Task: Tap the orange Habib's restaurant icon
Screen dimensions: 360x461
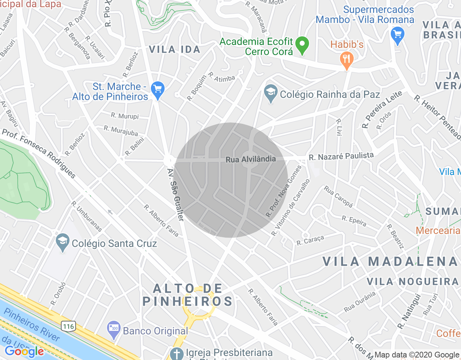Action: (x=346, y=60)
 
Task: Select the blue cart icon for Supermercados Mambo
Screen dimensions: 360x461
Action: (x=398, y=35)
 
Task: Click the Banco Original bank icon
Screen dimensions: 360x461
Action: (x=114, y=329)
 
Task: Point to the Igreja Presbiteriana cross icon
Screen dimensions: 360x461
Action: (x=176, y=354)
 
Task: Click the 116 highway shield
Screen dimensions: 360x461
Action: (x=68, y=327)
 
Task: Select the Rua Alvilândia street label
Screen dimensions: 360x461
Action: (x=251, y=159)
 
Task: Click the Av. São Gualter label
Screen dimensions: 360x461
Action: (x=176, y=195)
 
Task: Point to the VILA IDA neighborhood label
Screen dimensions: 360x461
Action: (x=175, y=49)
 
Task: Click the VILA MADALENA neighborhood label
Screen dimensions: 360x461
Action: (x=390, y=262)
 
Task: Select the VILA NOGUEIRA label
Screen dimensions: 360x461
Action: (x=413, y=282)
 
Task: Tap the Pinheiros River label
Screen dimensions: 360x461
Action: (x=32, y=324)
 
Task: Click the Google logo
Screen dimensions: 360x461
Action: (x=24, y=351)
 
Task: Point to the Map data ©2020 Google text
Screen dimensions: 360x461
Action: (x=417, y=355)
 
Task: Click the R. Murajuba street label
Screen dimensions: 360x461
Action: (x=121, y=130)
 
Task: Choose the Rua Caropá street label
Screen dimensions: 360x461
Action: (x=338, y=197)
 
